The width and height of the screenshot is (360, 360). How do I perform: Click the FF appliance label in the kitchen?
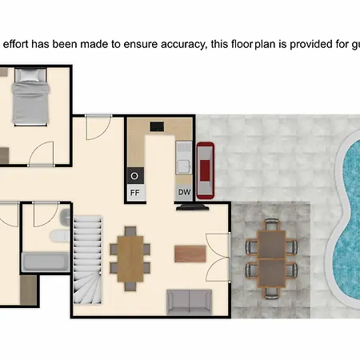tap(135, 193)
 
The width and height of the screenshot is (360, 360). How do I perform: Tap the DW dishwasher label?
tap(185, 192)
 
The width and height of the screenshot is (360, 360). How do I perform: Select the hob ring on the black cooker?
tap(134, 176)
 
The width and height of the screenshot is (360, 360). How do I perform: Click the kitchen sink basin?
tap(184, 165)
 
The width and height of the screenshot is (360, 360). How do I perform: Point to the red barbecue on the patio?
tap(206, 170)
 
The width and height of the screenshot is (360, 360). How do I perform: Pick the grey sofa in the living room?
tap(190, 302)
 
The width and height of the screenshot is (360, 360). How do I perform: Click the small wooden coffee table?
tap(190, 254)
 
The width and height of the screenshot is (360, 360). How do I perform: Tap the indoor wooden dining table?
tap(130, 258)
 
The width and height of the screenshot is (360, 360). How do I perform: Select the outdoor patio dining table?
tap(271, 258)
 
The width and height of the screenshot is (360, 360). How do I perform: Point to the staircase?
tap(88, 260)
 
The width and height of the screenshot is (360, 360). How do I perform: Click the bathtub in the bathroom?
tap(46, 262)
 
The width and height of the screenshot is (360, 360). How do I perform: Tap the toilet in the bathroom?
tap(60, 236)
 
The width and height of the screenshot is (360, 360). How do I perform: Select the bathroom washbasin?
tap(65, 218)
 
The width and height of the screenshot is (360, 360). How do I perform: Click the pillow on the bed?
tap(30, 75)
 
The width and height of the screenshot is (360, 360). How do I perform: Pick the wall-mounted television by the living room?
tap(192, 207)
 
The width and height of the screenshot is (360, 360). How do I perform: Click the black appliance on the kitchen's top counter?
tap(157, 126)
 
